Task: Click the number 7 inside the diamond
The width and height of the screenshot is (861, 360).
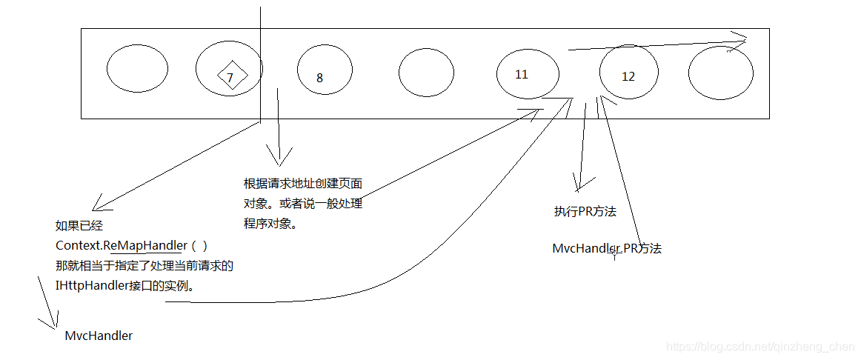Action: click(230, 77)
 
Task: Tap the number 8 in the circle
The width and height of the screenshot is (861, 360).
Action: click(319, 78)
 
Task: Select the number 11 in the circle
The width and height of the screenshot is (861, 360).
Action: click(522, 74)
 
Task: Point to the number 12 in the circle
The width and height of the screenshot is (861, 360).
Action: click(628, 76)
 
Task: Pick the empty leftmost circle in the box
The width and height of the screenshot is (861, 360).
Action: click(138, 70)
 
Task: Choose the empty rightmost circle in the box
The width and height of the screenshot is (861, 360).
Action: click(720, 73)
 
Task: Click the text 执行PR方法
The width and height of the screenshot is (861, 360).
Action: click(585, 212)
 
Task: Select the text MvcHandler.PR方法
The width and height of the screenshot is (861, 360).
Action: click(607, 249)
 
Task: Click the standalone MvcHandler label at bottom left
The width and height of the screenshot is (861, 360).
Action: click(99, 336)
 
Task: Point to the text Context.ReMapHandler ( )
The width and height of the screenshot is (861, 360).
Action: click(132, 245)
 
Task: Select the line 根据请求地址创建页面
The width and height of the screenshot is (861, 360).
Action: click(303, 184)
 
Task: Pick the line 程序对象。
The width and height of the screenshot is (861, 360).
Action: click(270, 223)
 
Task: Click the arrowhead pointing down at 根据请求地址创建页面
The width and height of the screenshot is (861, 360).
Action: click(279, 159)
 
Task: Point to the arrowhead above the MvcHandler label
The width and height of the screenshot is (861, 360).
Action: click(53, 321)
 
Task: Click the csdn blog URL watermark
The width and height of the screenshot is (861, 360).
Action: click(760, 347)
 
